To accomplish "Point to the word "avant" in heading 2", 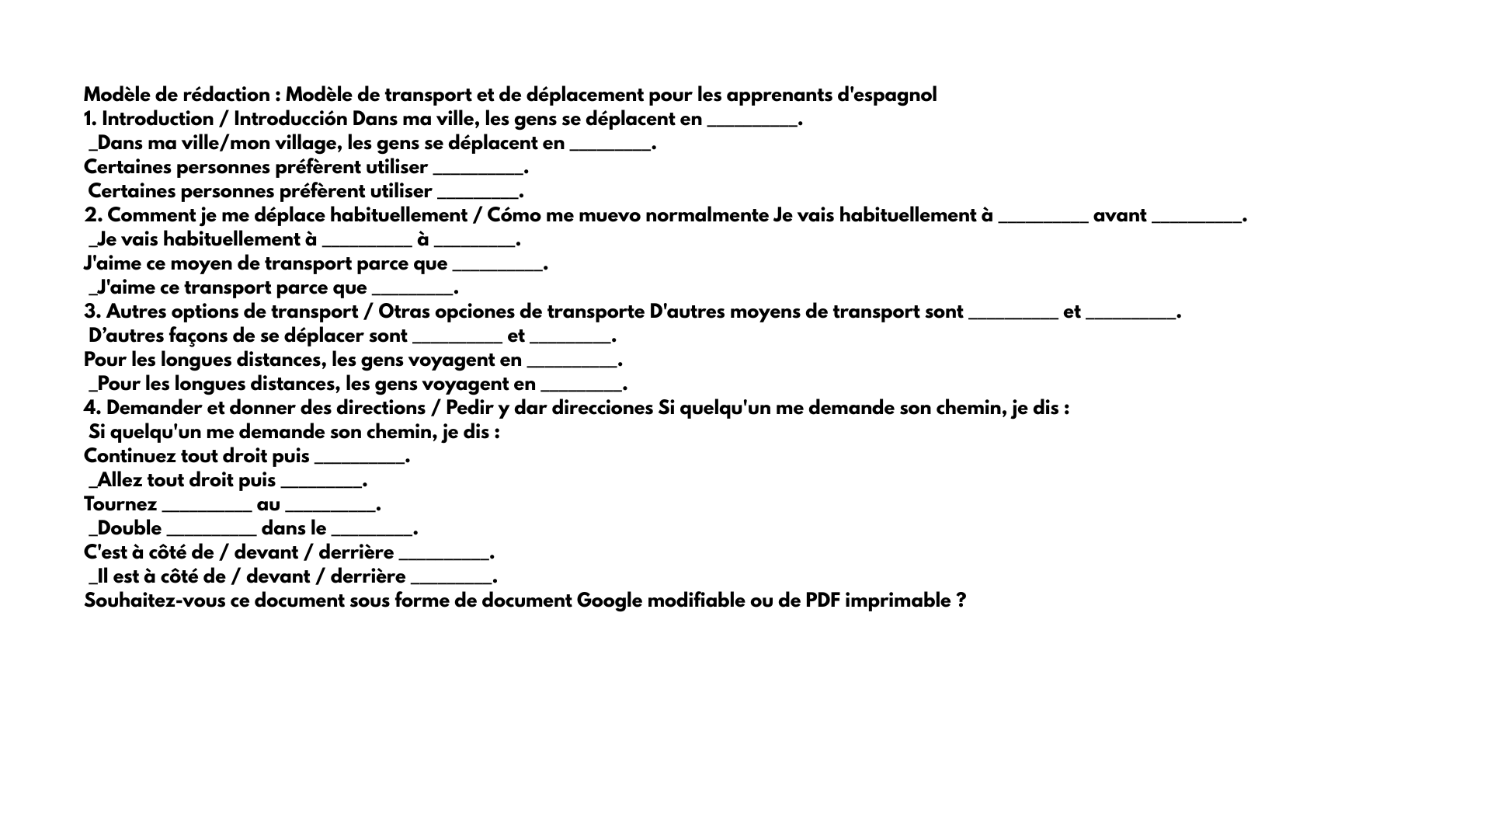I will click(1119, 215).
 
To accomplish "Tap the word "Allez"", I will click(119, 480).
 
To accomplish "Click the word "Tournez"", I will click(120, 504).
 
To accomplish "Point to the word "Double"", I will click(129, 528).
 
